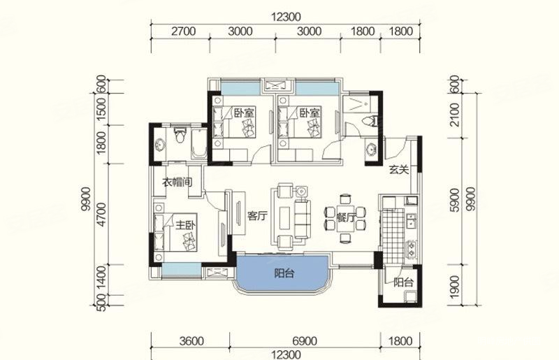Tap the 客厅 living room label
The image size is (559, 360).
point(257,216)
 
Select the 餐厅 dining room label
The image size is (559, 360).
point(346,217)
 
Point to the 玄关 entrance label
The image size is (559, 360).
point(398,170)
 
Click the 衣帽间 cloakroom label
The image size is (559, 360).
point(177,182)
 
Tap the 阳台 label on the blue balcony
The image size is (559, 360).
point(284,273)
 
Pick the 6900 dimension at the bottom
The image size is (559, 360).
point(304,341)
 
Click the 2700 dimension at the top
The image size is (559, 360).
point(183,31)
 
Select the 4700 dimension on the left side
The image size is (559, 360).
point(101,214)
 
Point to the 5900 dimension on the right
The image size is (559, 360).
point(455,201)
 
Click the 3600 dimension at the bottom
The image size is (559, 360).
point(191,341)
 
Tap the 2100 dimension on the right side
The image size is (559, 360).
point(455,115)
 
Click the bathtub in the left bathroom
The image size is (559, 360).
point(199,145)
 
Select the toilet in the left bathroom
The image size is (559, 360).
point(180,135)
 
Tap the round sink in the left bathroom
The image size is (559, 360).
point(160,145)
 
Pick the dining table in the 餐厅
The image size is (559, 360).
point(345,218)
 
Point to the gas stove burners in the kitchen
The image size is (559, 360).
point(411,249)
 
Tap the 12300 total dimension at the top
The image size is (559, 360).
point(286,17)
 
